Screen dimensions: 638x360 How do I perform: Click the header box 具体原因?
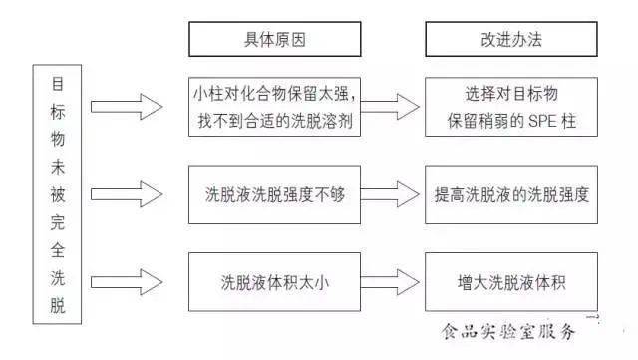tap(275, 39)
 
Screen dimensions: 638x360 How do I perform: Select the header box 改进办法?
tap(511, 39)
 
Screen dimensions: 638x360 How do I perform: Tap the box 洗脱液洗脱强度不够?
tap(275, 194)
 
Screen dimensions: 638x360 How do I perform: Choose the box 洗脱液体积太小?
tap(275, 282)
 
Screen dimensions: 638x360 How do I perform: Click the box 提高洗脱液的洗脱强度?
tap(511, 194)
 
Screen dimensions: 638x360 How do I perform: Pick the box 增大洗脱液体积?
tap(511, 282)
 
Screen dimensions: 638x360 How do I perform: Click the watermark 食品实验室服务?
tap(508, 331)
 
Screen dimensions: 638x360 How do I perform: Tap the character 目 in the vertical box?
tap(58, 84)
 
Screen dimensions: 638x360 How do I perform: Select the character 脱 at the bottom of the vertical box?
tap(58, 305)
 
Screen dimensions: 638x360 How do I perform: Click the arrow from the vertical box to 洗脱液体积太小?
tap(127, 282)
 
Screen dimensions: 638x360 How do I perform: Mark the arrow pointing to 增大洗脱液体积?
tap(390, 282)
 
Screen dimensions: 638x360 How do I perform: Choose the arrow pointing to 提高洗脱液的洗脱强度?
tap(390, 194)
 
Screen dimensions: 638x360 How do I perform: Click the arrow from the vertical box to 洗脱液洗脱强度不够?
tap(127, 194)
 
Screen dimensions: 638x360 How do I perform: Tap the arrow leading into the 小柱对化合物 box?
tap(127, 107)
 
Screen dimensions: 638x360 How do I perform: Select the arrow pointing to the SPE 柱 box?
tap(390, 107)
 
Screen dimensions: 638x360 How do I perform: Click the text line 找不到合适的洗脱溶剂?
tap(275, 121)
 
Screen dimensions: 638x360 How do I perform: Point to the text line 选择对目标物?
tap(511, 94)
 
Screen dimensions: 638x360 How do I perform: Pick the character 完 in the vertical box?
tap(58, 222)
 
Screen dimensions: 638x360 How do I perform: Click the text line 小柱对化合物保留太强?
tap(275, 94)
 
